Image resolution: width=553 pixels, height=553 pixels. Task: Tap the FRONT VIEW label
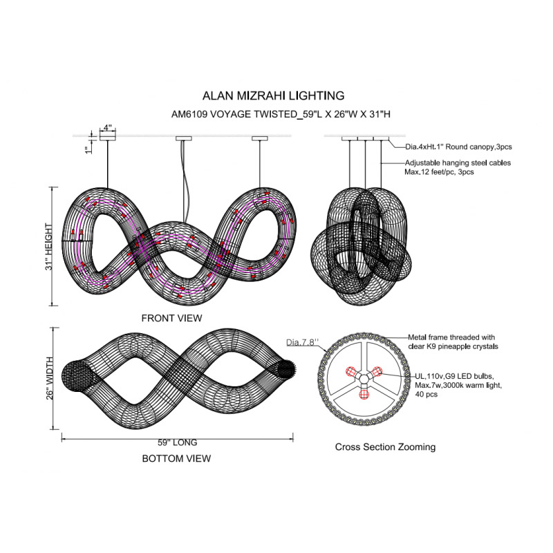tap(171, 318)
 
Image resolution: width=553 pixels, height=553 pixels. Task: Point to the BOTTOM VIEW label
tap(176, 458)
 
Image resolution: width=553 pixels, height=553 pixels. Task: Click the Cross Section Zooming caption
tap(385, 447)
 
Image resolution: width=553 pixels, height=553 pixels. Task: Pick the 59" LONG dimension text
tap(177, 442)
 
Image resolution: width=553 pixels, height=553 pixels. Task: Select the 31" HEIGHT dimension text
tap(49, 247)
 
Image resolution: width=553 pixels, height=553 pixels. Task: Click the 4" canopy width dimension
tap(108, 128)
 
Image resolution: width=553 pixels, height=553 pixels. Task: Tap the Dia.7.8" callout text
tap(301, 342)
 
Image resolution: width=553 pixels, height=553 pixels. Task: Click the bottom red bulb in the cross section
tap(364, 394)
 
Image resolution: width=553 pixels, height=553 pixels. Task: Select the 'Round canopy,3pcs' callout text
tap(477, 147)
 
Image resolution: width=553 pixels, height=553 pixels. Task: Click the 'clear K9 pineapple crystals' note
tap(452, 346)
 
